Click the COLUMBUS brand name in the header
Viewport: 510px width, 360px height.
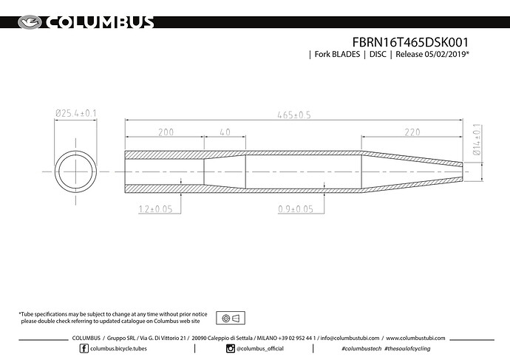click(100, 22)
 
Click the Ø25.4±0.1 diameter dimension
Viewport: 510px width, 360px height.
click(77, 113)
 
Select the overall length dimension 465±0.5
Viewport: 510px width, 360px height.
click(293, 114)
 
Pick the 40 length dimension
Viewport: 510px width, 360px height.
click(224, 132)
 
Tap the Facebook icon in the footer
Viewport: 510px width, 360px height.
click(83, 348)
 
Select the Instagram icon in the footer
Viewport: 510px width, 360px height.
click(231, 348)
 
